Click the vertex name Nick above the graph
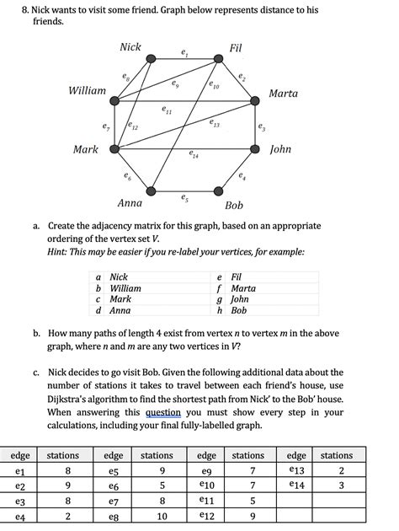130,47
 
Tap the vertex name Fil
236,49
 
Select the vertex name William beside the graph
88,90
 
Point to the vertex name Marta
283,94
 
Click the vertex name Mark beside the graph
86,149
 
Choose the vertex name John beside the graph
280,149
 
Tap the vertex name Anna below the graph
130,203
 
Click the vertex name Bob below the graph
234,205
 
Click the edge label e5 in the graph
184,196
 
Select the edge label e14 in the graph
194,155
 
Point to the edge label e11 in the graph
167,110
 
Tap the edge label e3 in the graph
261,126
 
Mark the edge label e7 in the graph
104,126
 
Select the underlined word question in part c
163,413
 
